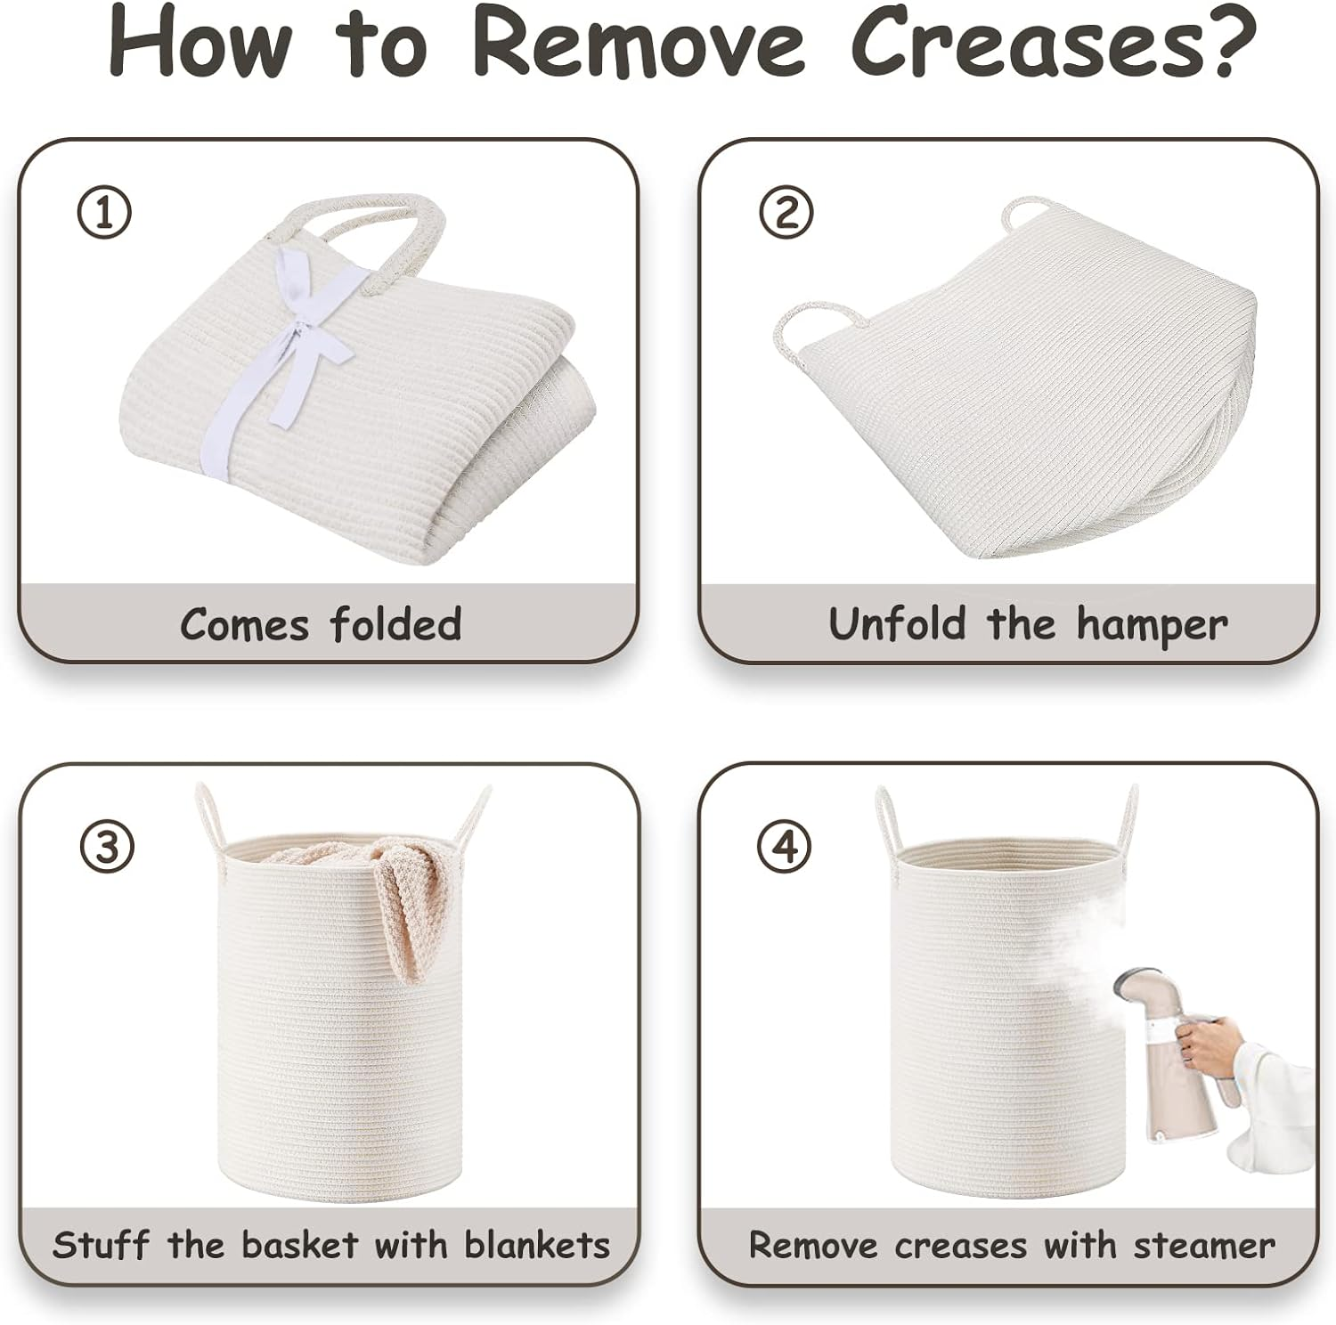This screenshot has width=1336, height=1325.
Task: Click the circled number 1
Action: [104, 213]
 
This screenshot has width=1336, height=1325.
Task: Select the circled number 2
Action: [785, 213]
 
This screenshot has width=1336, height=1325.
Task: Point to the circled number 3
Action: [107, 846]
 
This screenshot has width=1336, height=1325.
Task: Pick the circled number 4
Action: [785, 846]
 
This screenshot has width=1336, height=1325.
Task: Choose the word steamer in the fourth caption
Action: [1204, 1244]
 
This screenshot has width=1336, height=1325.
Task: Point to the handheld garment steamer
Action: [1153, 1069]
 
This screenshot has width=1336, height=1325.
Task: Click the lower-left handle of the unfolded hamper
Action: [806, 325]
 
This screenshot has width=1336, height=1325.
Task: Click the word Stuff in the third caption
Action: [101, 1243]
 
